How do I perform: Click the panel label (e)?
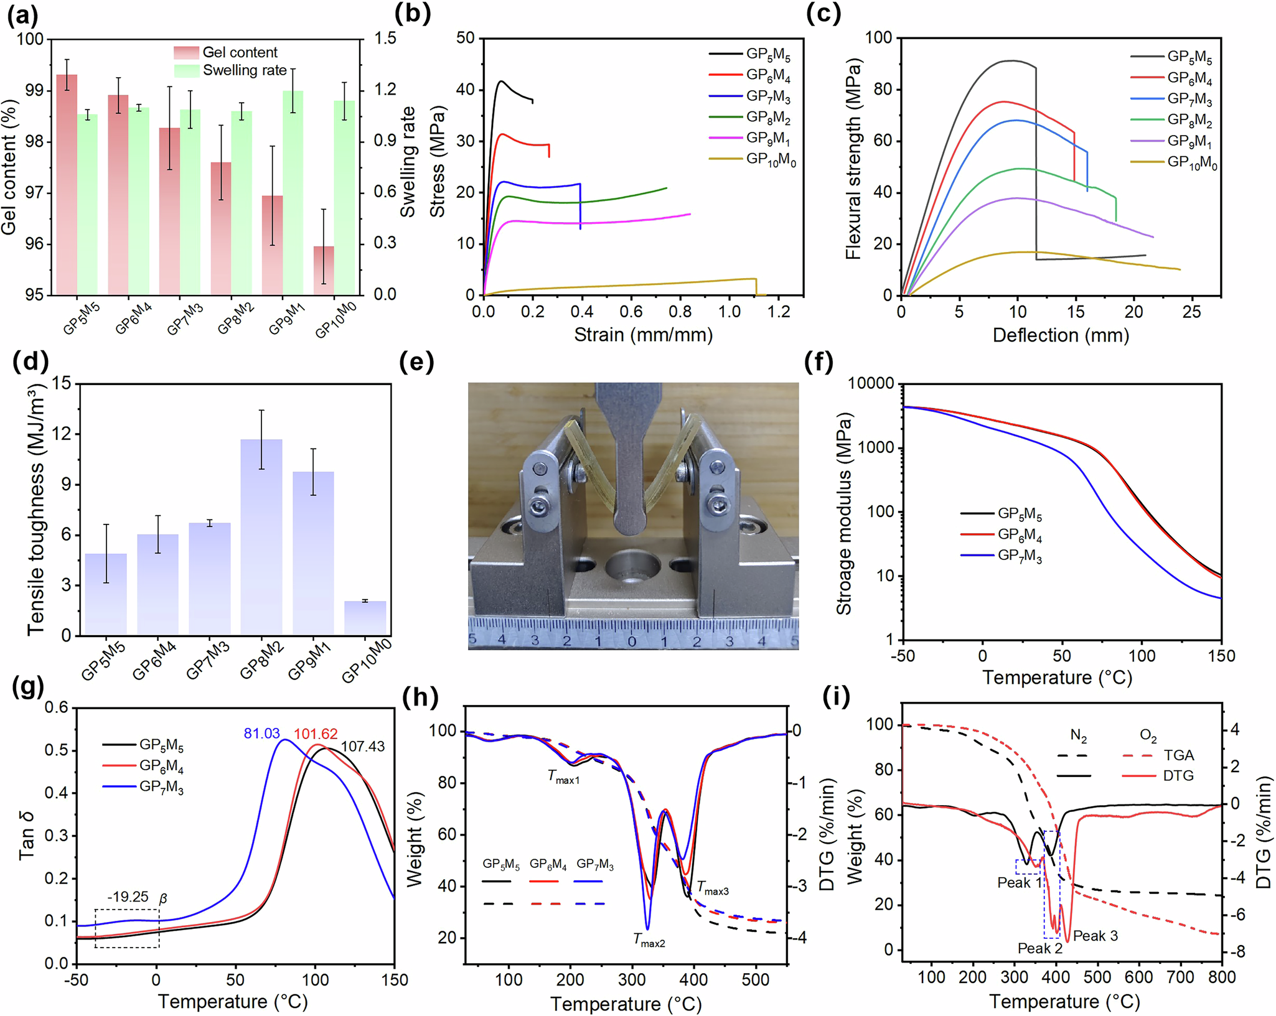416,362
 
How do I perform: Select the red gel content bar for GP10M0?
323,270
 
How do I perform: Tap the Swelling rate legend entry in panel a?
244,70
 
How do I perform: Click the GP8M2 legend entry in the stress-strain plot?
768,118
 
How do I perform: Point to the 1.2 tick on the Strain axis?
779,311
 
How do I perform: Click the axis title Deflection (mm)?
1060,335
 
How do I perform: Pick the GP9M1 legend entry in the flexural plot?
1189,141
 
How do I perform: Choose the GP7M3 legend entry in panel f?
1019,556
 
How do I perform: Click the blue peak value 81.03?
261,734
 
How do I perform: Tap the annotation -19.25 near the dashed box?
128,897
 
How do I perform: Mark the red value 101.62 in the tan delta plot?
316,734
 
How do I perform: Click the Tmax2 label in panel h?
649,940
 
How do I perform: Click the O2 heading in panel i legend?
1148,735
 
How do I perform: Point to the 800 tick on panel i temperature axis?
1221,977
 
